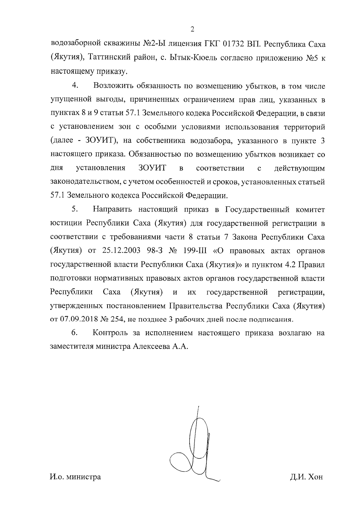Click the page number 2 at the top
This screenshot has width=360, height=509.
click(x=192, y=29)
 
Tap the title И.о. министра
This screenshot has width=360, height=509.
click(x=75, y=477)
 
